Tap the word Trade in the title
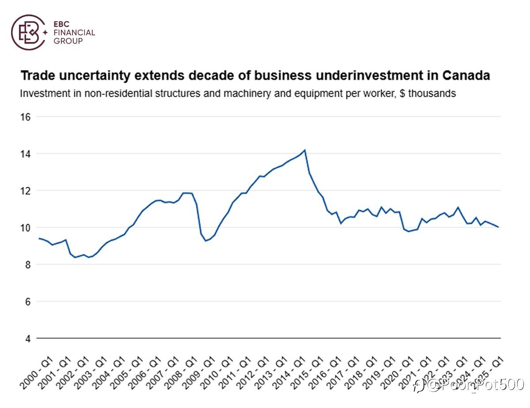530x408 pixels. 38,76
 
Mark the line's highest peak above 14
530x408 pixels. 305,150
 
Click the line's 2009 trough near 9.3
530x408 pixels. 205,241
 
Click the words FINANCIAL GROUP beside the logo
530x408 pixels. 74,37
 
